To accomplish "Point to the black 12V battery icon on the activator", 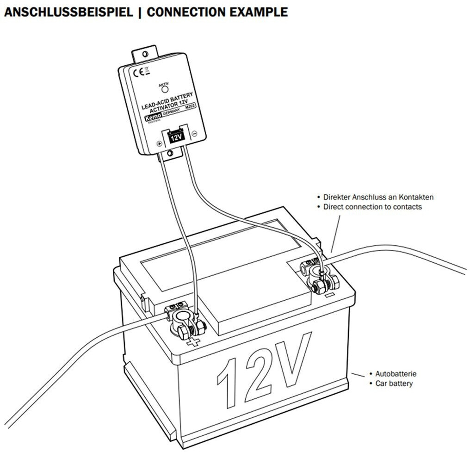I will [175, 137].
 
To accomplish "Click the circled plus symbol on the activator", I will [159, 144].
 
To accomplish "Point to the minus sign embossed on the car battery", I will [330, 294].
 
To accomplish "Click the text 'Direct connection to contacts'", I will [372, 207].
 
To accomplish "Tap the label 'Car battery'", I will [394, 383].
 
